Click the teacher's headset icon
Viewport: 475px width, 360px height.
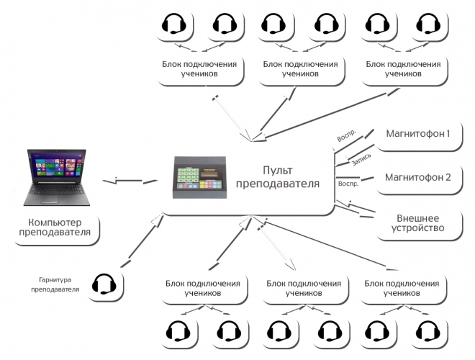(x=105, y=284)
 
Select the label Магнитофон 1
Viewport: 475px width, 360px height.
(x=418, y=134)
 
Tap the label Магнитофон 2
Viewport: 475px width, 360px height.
(x=418, y=178)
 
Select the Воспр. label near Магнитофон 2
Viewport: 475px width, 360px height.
(x=348, y=184)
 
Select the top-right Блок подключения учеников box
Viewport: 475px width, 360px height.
(x=404, y=68)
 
